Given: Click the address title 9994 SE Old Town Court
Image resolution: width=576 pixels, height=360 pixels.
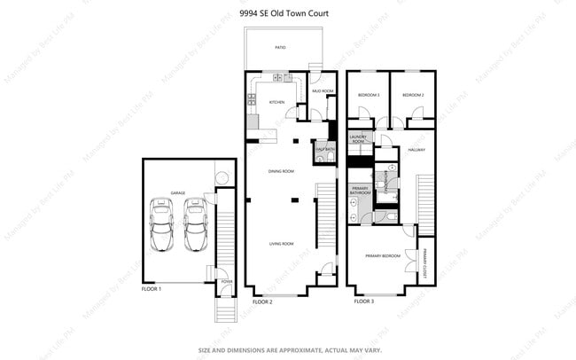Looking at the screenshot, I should (288, 14).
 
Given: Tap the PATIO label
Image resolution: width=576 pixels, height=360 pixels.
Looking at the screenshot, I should (279, 47).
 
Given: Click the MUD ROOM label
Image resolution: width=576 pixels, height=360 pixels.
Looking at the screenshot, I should (322, 91).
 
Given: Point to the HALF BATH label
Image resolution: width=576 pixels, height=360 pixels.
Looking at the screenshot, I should (323, 149).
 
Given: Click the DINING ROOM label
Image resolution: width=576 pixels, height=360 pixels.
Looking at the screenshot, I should (281, 170).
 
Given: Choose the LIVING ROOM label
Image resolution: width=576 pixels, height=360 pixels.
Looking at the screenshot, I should (282, 243).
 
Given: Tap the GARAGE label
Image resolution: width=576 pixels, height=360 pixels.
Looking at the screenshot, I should (178, 192).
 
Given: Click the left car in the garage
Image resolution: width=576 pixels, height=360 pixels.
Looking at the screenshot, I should (162, 225).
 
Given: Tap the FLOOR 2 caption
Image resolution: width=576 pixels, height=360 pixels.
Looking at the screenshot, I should (262, 301).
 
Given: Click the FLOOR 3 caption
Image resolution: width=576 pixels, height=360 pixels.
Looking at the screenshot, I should (364, 301).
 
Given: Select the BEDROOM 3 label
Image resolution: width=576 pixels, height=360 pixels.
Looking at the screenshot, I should (369, 95).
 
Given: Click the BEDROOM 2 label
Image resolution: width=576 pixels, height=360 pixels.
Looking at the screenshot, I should (408, 95).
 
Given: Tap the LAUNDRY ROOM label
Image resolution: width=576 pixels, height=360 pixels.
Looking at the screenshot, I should (358, 139).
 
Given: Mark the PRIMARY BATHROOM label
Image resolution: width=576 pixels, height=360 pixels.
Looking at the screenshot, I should (360, 191).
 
